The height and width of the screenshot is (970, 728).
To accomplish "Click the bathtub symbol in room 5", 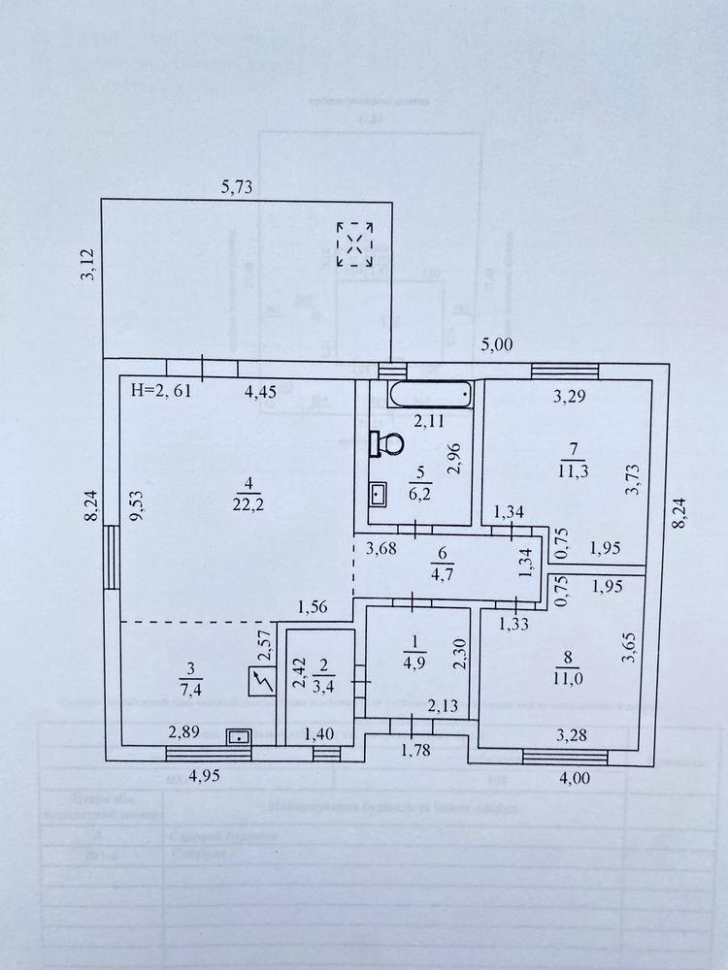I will click(x=430, y=395).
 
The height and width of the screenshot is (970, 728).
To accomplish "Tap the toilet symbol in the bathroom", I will click(x=387, y=444).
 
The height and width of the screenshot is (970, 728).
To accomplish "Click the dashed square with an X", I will click(x=355, y=243).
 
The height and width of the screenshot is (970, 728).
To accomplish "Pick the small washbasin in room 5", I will click(x=379, y=494).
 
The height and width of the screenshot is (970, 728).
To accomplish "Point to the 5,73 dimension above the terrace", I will click(x=237, y=189).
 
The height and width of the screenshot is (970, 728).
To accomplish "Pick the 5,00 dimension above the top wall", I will click(x=497, y=342).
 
